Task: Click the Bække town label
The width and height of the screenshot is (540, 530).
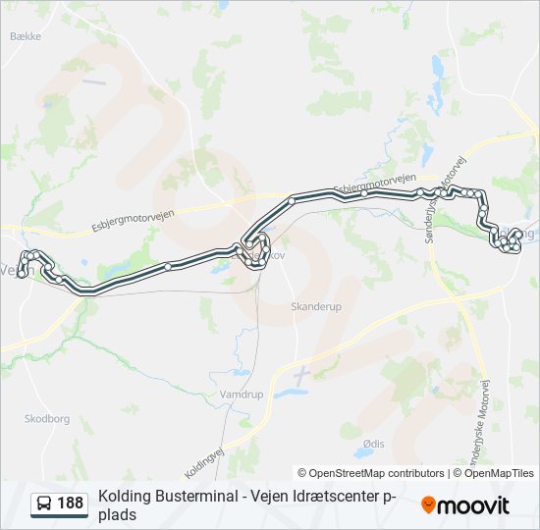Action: point(25,36)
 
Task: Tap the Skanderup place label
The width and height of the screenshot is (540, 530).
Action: point(315,306)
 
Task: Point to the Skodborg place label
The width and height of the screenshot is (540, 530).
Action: point(47,418)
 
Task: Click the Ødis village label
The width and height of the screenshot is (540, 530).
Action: point(373,445)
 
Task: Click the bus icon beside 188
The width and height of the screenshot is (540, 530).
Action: point(44,503)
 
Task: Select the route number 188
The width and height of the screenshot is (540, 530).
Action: point(71,503)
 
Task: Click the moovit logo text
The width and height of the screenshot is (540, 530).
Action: point(473,505)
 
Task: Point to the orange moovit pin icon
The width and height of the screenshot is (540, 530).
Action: point(428,504)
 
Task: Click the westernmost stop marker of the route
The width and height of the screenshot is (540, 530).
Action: point(21,274)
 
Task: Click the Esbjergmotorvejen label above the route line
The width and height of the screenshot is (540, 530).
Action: point(370,184)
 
